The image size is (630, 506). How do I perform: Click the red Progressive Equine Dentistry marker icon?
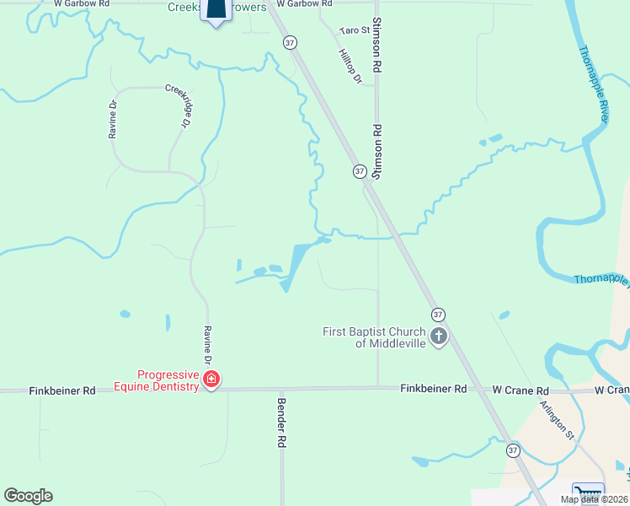[x=211, y=380]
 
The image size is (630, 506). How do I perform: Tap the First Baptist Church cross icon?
[x=438, y=337]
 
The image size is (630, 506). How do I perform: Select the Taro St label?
[x=354, y=30]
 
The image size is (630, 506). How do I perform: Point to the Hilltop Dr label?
[x=349, y=66]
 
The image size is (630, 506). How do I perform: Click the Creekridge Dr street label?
[x=177, y=105]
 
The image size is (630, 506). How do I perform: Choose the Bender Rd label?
[x=282, y=423]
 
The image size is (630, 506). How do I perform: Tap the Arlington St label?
[x=558, y=419]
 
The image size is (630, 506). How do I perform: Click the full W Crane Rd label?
[x=521, y=390]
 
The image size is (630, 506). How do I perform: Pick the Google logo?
[x=28, y=496]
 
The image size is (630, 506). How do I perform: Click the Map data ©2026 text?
[x=594, y=499]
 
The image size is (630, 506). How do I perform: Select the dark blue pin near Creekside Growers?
[x=216, y=11]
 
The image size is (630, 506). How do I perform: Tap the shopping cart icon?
[x=588, y=493]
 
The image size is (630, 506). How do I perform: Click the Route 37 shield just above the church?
[x=437, y=314]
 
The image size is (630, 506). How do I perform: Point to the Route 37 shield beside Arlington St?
[x=513, y=451]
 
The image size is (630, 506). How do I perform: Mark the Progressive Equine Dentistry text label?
[x=168, y=380]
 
